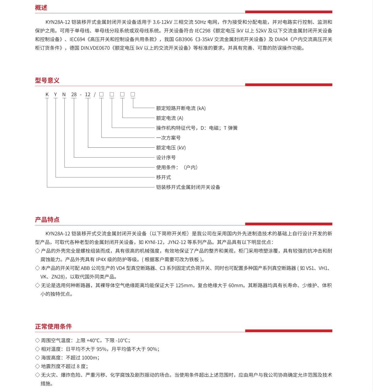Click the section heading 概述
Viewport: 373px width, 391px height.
tap(41, 8)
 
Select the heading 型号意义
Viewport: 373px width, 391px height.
tap(47, 80)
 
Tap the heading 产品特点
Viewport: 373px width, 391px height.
tap(47, 220)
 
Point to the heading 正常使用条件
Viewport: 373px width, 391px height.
tap(53, 327)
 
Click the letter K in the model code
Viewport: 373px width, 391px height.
tap(47, 94)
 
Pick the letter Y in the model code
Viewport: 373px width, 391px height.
tap(56, 94)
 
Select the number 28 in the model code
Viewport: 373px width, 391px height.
tap(74, 94)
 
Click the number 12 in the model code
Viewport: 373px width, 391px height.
tap(88, 94)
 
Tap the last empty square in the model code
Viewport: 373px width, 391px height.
tap(133, 94)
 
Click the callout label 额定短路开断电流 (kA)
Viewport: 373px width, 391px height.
tap(180, 108)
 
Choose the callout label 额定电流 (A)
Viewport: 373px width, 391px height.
tap(169, 118)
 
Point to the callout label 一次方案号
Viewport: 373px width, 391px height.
tap(168, 138)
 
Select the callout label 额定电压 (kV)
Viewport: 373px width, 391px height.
tap(171, 148)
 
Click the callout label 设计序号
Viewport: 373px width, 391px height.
tap(166, 158)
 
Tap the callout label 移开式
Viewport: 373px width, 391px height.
tap(163, 177)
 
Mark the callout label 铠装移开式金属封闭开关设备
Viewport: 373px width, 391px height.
tap(188, 187)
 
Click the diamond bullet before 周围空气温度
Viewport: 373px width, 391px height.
tap(37, 340)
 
